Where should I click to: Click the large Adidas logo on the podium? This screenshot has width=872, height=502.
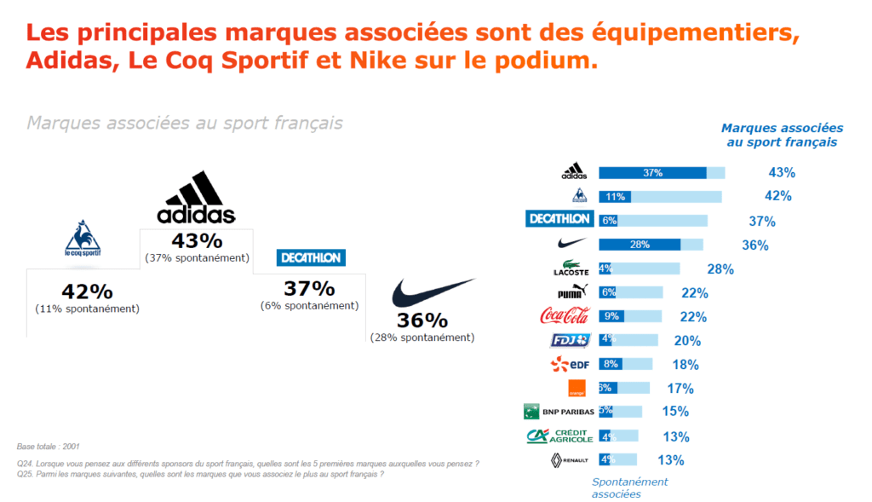tap(196, 198)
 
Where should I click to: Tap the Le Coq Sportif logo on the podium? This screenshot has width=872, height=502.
tap(83, 239)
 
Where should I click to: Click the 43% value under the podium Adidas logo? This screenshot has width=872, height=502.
tap(196, 241)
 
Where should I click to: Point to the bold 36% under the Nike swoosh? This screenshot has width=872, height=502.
tap(422, 320)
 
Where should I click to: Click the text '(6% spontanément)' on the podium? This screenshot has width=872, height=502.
tap(309, 305)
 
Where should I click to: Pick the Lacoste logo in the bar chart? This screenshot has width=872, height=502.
tap(570, 269)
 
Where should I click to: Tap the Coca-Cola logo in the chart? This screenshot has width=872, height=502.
tap(565, 316)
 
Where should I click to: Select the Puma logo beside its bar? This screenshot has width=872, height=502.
tap(570, 292)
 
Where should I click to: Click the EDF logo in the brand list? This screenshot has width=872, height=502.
tap(570, 364)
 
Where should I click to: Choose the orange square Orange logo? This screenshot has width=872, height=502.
tap(577, 388)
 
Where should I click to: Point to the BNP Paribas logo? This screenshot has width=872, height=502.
tap(558, 412)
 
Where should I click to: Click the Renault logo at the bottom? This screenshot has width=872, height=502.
tap(570, 460)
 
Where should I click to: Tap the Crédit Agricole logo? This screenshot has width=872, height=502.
tap(559, 436)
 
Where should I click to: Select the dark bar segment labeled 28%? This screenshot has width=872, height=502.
tap(640, 245)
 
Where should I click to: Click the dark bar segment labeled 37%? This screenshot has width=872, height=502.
tap(653, 173)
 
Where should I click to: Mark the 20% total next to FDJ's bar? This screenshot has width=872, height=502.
tap(687, 341)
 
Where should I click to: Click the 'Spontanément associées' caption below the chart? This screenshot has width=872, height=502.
tap(630, 487)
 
